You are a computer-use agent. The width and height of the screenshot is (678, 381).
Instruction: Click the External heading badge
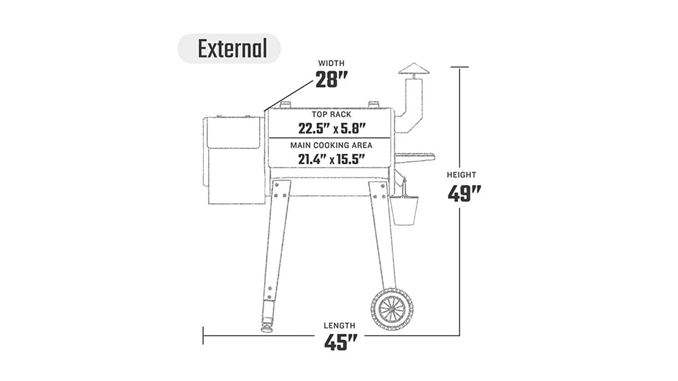tap(229, 48)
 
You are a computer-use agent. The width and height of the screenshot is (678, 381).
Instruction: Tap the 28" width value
tap(331, 80)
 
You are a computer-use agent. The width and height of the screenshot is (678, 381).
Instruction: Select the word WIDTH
tap(331, 63)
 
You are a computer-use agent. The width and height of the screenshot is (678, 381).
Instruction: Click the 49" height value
tap(464, 193)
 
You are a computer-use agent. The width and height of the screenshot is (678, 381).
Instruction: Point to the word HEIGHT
tap(462, 175)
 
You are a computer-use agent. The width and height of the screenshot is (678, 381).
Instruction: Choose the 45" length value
tap(340, 343)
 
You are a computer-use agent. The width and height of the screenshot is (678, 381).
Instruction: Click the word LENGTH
tap(340, 326)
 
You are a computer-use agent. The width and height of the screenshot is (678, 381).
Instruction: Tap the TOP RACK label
tap(331, 114)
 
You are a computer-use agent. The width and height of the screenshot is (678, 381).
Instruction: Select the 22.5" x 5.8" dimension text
tap(331, 129)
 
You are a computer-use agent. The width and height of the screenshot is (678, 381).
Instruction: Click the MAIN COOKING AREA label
tap(331, 145)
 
